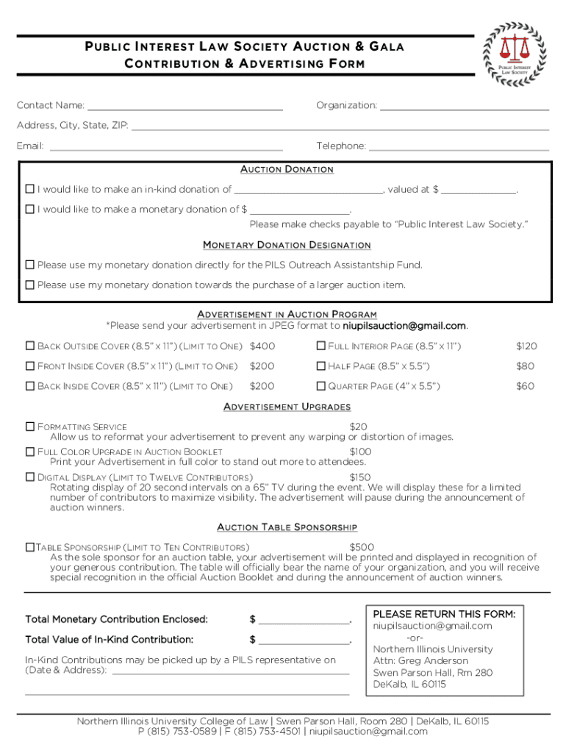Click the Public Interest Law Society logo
tap(514, 52)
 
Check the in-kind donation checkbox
tap(30, 190)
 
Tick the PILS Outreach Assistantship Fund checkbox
tap(30, 265)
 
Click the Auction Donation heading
tap(287, 170)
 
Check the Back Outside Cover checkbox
tap(30, 346)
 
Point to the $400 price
tap(262, 346)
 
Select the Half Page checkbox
tap(320, 366)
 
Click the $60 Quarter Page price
tap(525, 386)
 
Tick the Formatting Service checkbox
tap(30, 427)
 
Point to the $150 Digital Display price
tap(360, 477)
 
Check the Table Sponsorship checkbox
tap(30, 547)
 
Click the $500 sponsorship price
tap(362, 547)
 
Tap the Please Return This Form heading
tap(444, 614)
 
